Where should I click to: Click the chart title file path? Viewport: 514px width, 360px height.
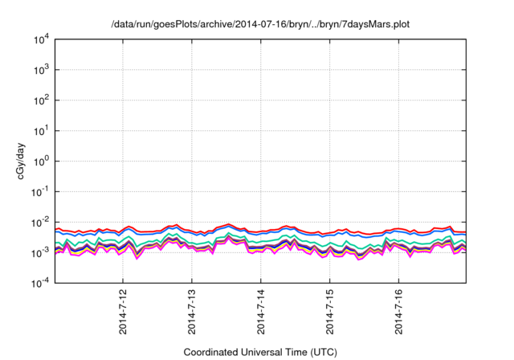(260, 24)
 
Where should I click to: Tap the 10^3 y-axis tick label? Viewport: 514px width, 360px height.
(41, 70)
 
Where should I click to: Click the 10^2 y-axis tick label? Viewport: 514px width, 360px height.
(41, 100)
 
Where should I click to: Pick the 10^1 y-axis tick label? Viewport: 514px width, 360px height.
(41, 130)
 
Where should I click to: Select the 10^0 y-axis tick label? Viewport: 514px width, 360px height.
(41, 161)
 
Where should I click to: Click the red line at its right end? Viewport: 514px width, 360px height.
(465, 232)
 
